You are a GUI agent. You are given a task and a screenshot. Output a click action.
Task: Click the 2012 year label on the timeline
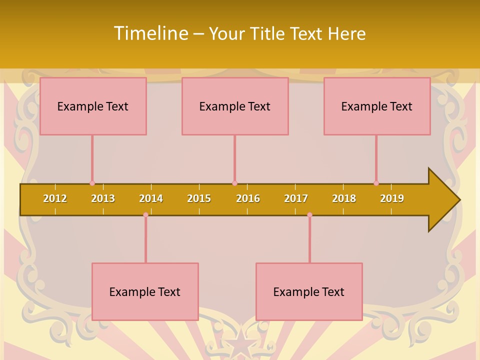tap(55, 198)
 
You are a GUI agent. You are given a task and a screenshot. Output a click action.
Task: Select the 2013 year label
tap(103, 198)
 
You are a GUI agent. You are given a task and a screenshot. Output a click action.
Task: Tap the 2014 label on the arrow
tap(151, 198)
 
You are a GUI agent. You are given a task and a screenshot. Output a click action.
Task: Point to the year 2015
tap(199, 198)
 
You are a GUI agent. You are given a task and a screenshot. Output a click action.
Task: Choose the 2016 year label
tap(248, 198)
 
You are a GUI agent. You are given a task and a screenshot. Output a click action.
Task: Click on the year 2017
tap(296, 198)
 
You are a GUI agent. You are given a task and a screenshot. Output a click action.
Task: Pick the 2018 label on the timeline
tap(344, 198)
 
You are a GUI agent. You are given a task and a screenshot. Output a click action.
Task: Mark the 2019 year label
tap(392, 198)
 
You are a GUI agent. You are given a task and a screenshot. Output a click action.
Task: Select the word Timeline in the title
tap(150, 33)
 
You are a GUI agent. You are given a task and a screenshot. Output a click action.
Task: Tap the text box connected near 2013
tap(93, 106)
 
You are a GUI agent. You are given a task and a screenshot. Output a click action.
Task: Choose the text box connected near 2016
tap(235, 106)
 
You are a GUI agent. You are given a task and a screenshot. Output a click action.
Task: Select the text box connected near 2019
tap(377, 106)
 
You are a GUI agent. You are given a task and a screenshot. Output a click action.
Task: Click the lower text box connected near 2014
tap(145, 291)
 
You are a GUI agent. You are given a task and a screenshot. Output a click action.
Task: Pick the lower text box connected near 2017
tap(309, 291)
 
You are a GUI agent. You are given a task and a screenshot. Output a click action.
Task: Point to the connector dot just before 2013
tap(92, 183)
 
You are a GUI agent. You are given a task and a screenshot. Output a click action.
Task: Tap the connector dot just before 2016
tap(234, 183)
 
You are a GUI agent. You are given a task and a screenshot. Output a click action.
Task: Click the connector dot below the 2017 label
tap(309, 215)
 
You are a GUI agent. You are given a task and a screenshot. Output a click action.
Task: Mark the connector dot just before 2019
tap(376, 183)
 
